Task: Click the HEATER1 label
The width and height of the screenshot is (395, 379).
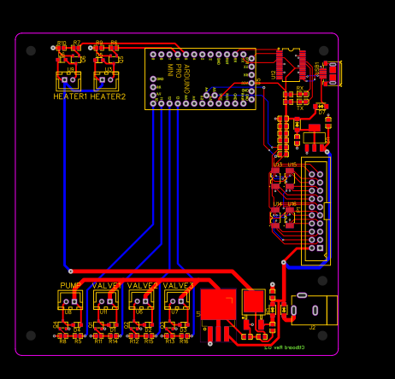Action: (70, 96)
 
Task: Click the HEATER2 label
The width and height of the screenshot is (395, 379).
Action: (109, 96)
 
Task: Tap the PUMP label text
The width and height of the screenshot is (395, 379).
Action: (70, 285)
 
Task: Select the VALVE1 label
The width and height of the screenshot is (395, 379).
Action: (107, 285)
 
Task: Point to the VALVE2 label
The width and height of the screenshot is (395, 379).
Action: (143, 285)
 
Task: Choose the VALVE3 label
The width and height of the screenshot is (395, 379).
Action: (179, 285)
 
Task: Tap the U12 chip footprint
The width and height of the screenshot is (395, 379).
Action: (291, 64)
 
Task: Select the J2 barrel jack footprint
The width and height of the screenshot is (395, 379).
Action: (315, 310)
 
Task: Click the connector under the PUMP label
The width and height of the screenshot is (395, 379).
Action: (70, 300)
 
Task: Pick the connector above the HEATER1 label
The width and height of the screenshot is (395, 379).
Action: (68, 82)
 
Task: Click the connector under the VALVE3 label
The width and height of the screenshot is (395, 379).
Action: (178, 300)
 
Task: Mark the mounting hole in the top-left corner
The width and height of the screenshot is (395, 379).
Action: (32, 50)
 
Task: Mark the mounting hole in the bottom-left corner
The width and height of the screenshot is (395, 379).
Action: (32, 336)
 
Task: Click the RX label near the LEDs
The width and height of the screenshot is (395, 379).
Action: (300, 88)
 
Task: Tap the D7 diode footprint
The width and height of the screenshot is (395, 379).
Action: (321, 111)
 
